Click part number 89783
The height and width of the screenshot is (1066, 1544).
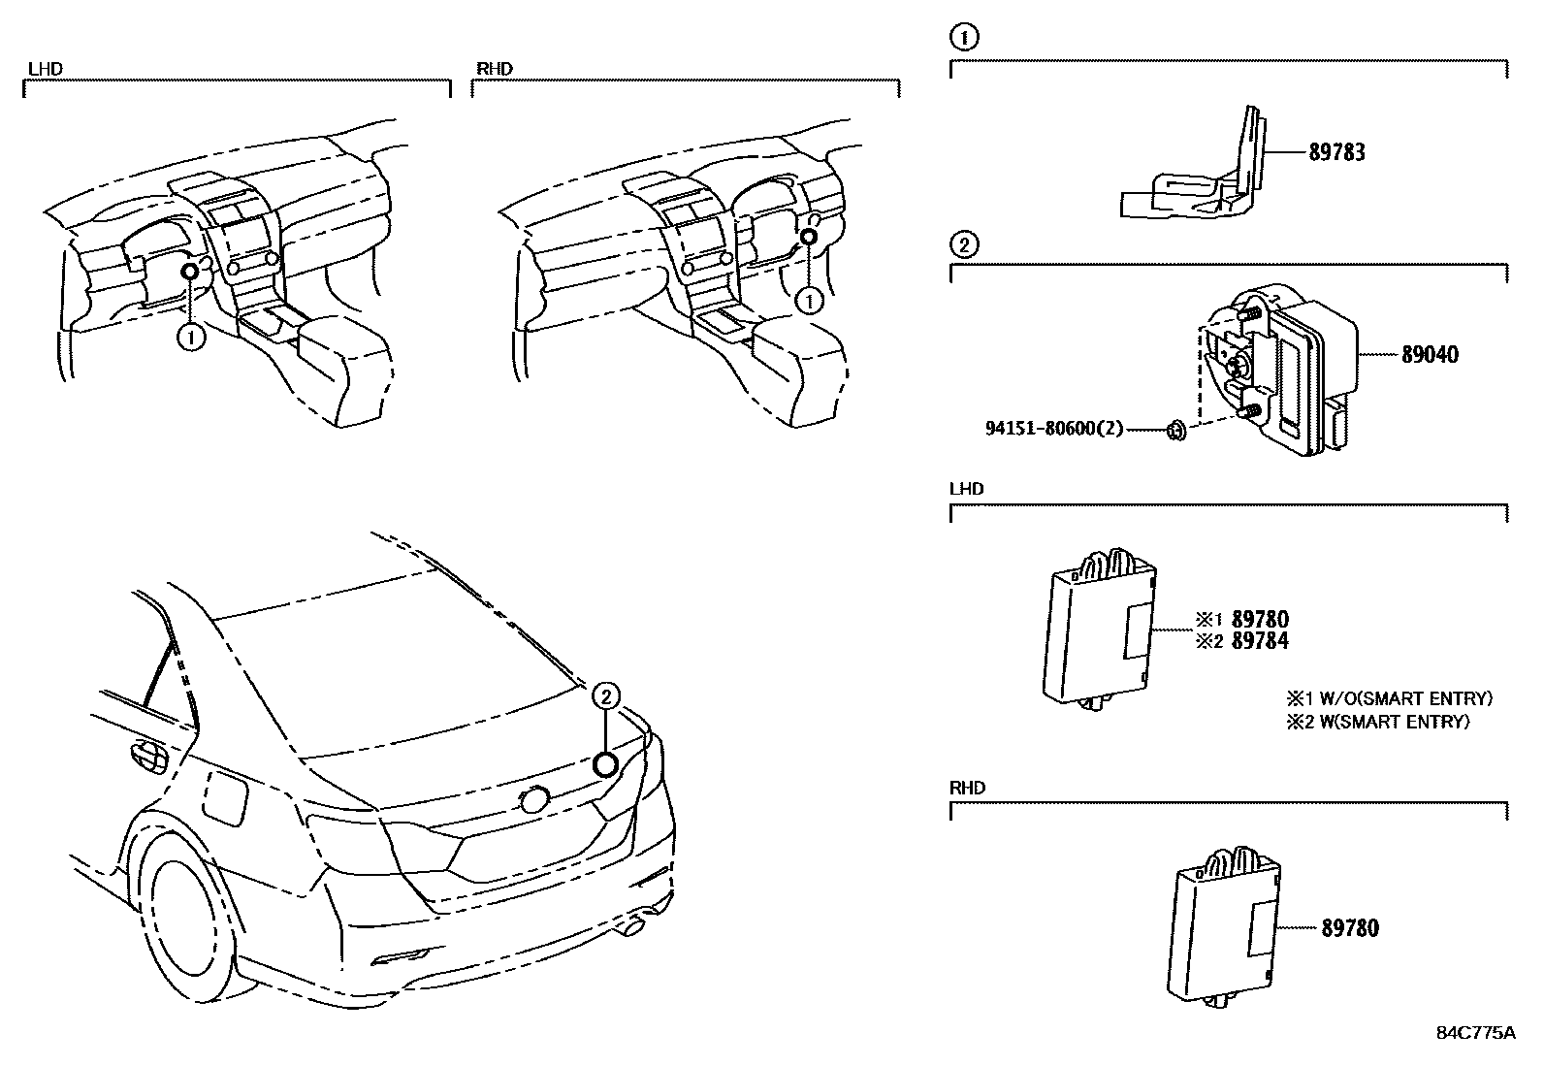click(1336, 152)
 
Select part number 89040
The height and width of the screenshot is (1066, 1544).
click(1430, 355)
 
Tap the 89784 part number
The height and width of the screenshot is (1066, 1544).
click(1260, 640)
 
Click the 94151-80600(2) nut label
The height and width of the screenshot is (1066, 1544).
click(1053, 428)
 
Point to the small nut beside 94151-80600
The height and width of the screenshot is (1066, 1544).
click(1174, 429)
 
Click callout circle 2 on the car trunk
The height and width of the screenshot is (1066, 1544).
click(606, 695)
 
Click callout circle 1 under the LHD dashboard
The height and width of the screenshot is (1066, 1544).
click(192, 338)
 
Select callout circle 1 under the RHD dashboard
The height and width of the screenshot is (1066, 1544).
click(808, 302)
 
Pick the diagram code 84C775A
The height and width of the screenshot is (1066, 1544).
click(1475, 1032)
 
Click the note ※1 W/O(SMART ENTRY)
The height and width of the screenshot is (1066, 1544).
click(1389, 698)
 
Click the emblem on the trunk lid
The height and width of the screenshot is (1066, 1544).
click(533, 799)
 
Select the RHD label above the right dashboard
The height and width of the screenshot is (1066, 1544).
click(494, 69)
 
